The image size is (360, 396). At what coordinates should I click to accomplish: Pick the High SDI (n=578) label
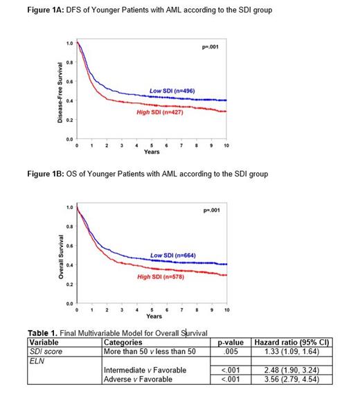pos(163,276)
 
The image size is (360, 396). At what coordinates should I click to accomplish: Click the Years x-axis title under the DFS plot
pos(152,152)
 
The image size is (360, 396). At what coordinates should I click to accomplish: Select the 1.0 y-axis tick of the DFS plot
pos(69,44)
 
